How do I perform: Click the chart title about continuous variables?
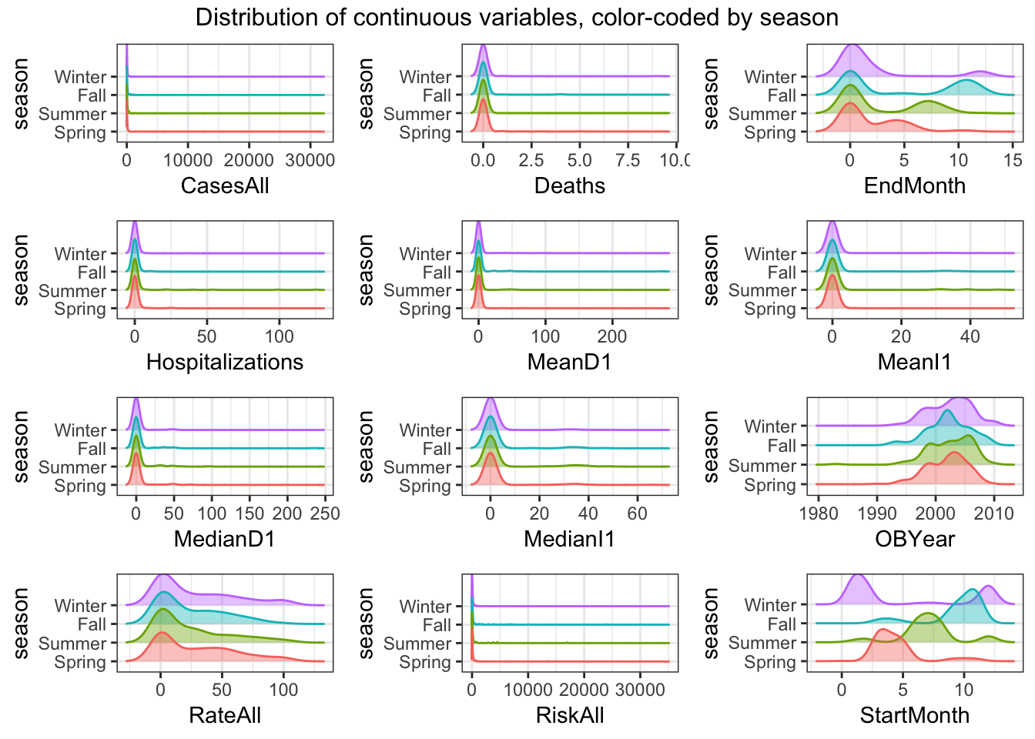pyautogui.click(x=517, y=17)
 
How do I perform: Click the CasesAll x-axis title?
pyautogui.click(x=225, y=186)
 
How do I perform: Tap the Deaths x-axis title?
pyautogui.click(x=570, y=186)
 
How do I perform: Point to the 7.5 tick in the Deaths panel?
pyautogui.click(x=628, y=160)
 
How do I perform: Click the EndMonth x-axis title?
pyautogui.click(x=915, y=186)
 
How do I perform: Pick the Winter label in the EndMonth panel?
pyautogui.click(x=770, y=77)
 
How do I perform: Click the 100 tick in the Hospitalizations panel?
pyautogui.click(x=279, y=336)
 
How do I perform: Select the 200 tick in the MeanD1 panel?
pyautogui.click(x=612, y=336)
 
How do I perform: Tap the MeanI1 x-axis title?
pyautogui.click(x=915, y=362)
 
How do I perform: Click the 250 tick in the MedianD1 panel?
pyautogui.click(x=325, y=513)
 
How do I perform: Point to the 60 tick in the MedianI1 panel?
pyautogui.click(x=637, y=513)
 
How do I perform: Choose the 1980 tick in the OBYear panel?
pyautogui.click(x=819, y=513)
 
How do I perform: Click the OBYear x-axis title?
pyautogui.click(x=915, y=539)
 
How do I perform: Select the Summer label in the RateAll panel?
pyautogui.click(x=72, y=644)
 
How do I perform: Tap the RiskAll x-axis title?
pyautogui.click(x=570, y=715)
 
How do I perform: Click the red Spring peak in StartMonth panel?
pyautogui.click(x=883, y=630)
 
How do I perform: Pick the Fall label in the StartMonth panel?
pyautogui.click(x=782, y=624)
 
